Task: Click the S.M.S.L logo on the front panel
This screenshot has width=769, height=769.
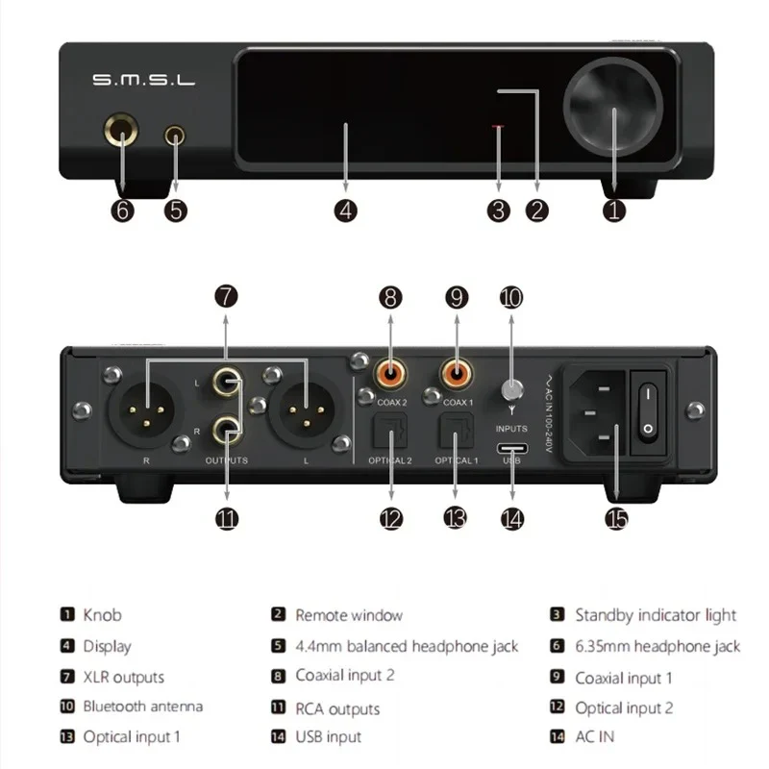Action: [144, 82]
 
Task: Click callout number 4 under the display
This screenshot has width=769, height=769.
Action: [347, 210]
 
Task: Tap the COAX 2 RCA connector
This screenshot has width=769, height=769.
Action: [389, 369]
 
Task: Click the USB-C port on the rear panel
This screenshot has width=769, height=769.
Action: [511, 449]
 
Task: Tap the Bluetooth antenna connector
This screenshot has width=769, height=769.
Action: [511, 390]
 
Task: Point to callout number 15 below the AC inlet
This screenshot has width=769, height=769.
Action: [616, 519]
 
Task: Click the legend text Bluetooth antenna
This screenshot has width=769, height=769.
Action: [142, 707]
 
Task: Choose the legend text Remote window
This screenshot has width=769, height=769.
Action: [348, 615]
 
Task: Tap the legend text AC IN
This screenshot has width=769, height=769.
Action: [594, 736]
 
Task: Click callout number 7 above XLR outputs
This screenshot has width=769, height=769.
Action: [225, 297]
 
